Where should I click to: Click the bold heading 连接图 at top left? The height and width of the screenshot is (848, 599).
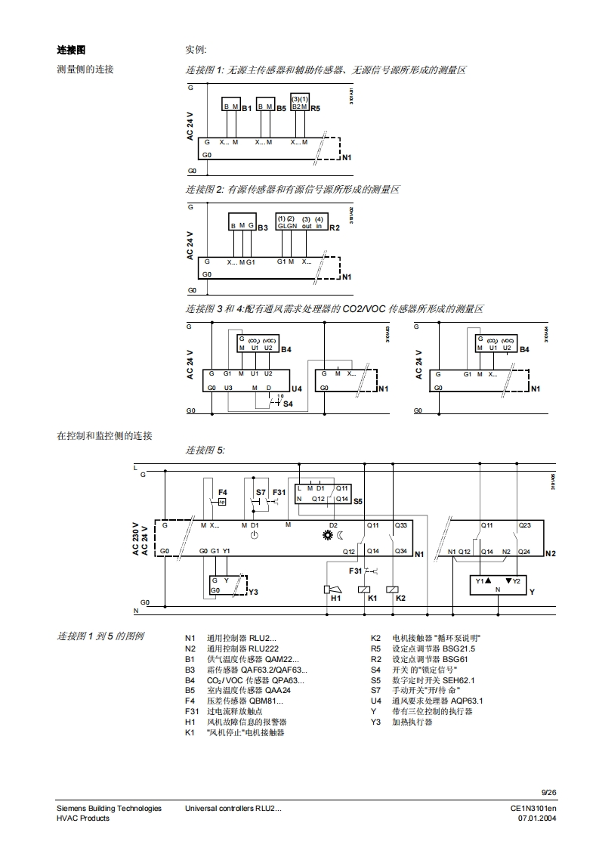(x=71, y=50)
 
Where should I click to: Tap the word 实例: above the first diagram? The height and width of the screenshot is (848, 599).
(x=196, y=50)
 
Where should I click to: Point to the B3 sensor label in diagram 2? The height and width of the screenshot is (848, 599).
(x=263, y=227)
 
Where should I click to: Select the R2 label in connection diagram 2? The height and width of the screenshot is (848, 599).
(x=335, y=227)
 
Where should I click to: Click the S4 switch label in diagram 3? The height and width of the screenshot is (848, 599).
(x=288, y=404)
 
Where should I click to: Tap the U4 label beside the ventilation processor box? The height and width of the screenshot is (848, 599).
(x=297, y=388)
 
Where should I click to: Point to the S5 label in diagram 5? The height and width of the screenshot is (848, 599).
(x=358, y=501)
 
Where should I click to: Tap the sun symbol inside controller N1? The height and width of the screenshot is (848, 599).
(x=328, y=536)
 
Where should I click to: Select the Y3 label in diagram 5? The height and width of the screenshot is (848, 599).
(x=253, y=592)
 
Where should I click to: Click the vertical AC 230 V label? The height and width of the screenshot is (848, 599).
(x=136, y=540)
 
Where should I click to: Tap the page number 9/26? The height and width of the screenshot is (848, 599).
(x=549, y=792)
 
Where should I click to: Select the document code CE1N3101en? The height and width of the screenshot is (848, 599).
(x=533, y=809)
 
